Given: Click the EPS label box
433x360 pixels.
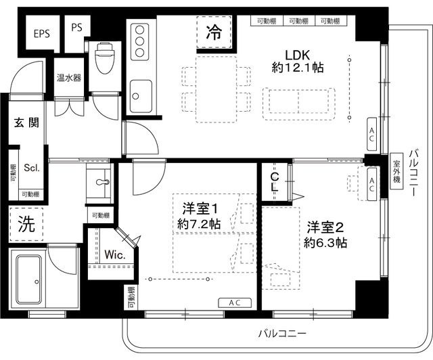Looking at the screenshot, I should pyautogui.click(x=41, y=31).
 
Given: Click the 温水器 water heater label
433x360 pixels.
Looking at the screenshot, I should pyautogui.click(x=68, y=78).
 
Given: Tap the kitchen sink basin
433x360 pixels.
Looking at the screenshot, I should pyautogui.click(x=141, y=91).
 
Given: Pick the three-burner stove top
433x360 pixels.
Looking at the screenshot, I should pyautogui.click(x=141, y=42).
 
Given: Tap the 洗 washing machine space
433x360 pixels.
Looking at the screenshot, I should pyautogui.click(x=26, y=223).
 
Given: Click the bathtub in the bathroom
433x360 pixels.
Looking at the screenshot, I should pyautogui.click(x=29, y=279).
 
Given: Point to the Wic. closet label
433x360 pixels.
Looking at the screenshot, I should pyautogui.click(x=112, y=255).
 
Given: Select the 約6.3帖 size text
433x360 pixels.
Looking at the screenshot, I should pyautogui.click(x=325, y=242).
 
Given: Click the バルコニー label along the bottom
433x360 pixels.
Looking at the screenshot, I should pyautogui.click(x=283, y=334).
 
